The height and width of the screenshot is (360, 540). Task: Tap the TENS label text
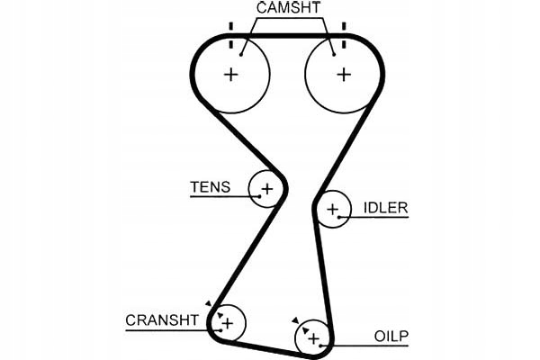pyautogui.click(x=210, y=187)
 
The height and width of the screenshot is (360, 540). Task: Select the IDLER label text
pyautogui.click(x=385, y=208)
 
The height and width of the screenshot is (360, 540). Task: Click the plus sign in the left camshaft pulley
pyautogui.click(x=231, y=75)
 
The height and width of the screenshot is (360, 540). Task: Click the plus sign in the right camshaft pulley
pyautogui.click(x=343, y=75)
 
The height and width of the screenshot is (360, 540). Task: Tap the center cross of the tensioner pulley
pyautogui.click(x=266, y=189)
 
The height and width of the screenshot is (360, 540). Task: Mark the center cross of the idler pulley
pyautogui.click(x=334, y=211)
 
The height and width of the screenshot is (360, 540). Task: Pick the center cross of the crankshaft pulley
pyautogui.click(x=228, y=321)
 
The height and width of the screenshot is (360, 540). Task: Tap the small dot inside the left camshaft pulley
pyautogui.click(x=241, y=55)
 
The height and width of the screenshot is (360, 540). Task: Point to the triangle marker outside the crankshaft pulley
pyautogui.click(x=208, y=304)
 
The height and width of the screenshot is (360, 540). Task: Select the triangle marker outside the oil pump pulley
pyautogui.click(x=294, y=319)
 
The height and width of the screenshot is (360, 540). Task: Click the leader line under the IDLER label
pyautogui.click(x=378, y=218)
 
